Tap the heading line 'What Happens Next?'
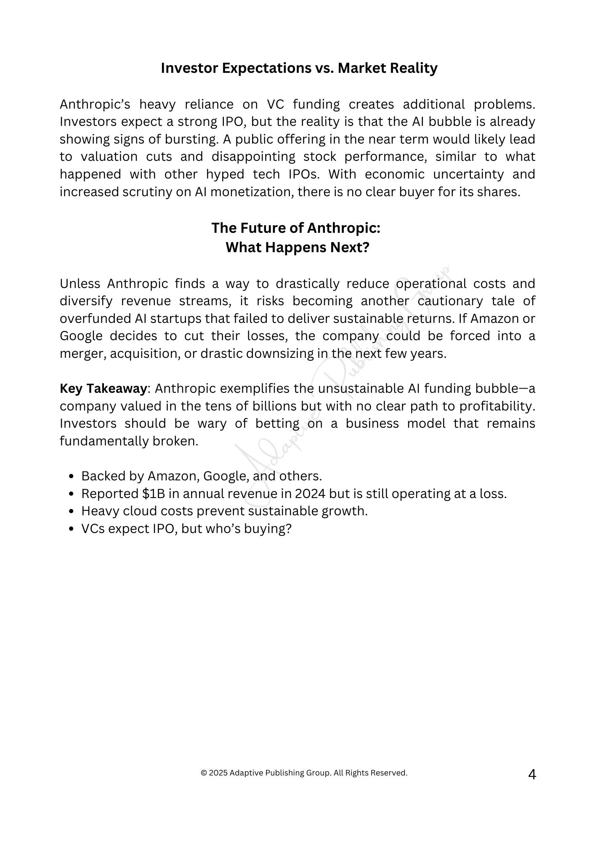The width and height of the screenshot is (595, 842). coord(297,247)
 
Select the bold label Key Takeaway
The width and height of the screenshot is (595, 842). coord(103,388)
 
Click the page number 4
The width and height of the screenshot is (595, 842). coord(532,774)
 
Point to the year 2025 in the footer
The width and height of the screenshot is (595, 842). coord(218,773)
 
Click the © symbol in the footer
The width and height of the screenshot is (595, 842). coord(204,773)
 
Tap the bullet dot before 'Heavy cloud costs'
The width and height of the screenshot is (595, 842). coord(71,512)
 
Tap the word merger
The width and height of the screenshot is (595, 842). coord(83,354)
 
